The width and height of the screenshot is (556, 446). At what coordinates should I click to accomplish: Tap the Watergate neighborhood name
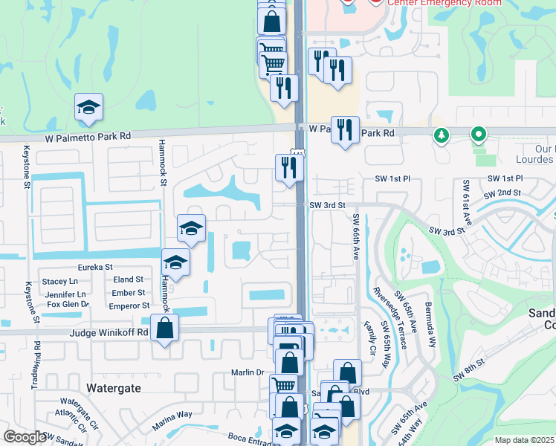point(113,388)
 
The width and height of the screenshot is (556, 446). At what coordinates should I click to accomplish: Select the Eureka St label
point(95,267)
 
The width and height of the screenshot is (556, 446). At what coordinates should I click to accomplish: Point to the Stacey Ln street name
point(60,282)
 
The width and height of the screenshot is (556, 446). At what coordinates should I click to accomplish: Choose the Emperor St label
point(130,306)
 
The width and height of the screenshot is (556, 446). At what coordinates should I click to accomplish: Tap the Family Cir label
point(369,337)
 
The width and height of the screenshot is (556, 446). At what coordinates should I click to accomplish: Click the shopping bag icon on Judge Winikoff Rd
point(164,327)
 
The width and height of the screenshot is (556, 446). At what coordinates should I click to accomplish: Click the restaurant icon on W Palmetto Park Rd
point(344,129)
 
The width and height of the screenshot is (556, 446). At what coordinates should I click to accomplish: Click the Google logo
point(25,438)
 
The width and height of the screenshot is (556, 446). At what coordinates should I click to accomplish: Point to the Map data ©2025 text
point(524,440)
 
